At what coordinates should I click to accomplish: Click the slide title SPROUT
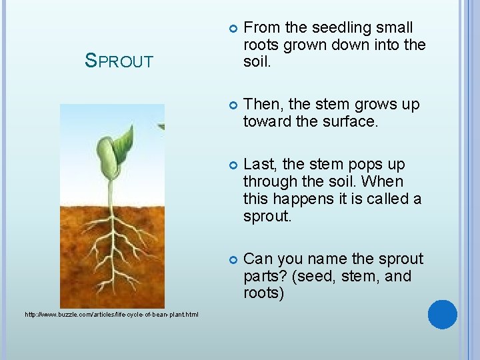pyautogui.click(x=119, y=61)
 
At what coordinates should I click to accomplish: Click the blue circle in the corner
pyautogui.click(x=443, y=315)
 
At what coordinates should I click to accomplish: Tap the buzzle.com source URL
pyautogui.click(x=111, y=314)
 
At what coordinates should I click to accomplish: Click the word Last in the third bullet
pyautogui.click(x=258, y=165)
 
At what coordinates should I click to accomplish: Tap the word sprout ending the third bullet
pyautogui.click(x=267, y=217)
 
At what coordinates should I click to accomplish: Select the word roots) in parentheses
pyautogui.click(x=263, y=293)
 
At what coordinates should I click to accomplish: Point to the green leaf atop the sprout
pyautogui.click(x=123, y=141)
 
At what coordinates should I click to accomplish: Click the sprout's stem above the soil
pyautogui.click(x=111, y=190)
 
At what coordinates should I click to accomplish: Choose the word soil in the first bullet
pyautogui.click(x=257, y=63)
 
